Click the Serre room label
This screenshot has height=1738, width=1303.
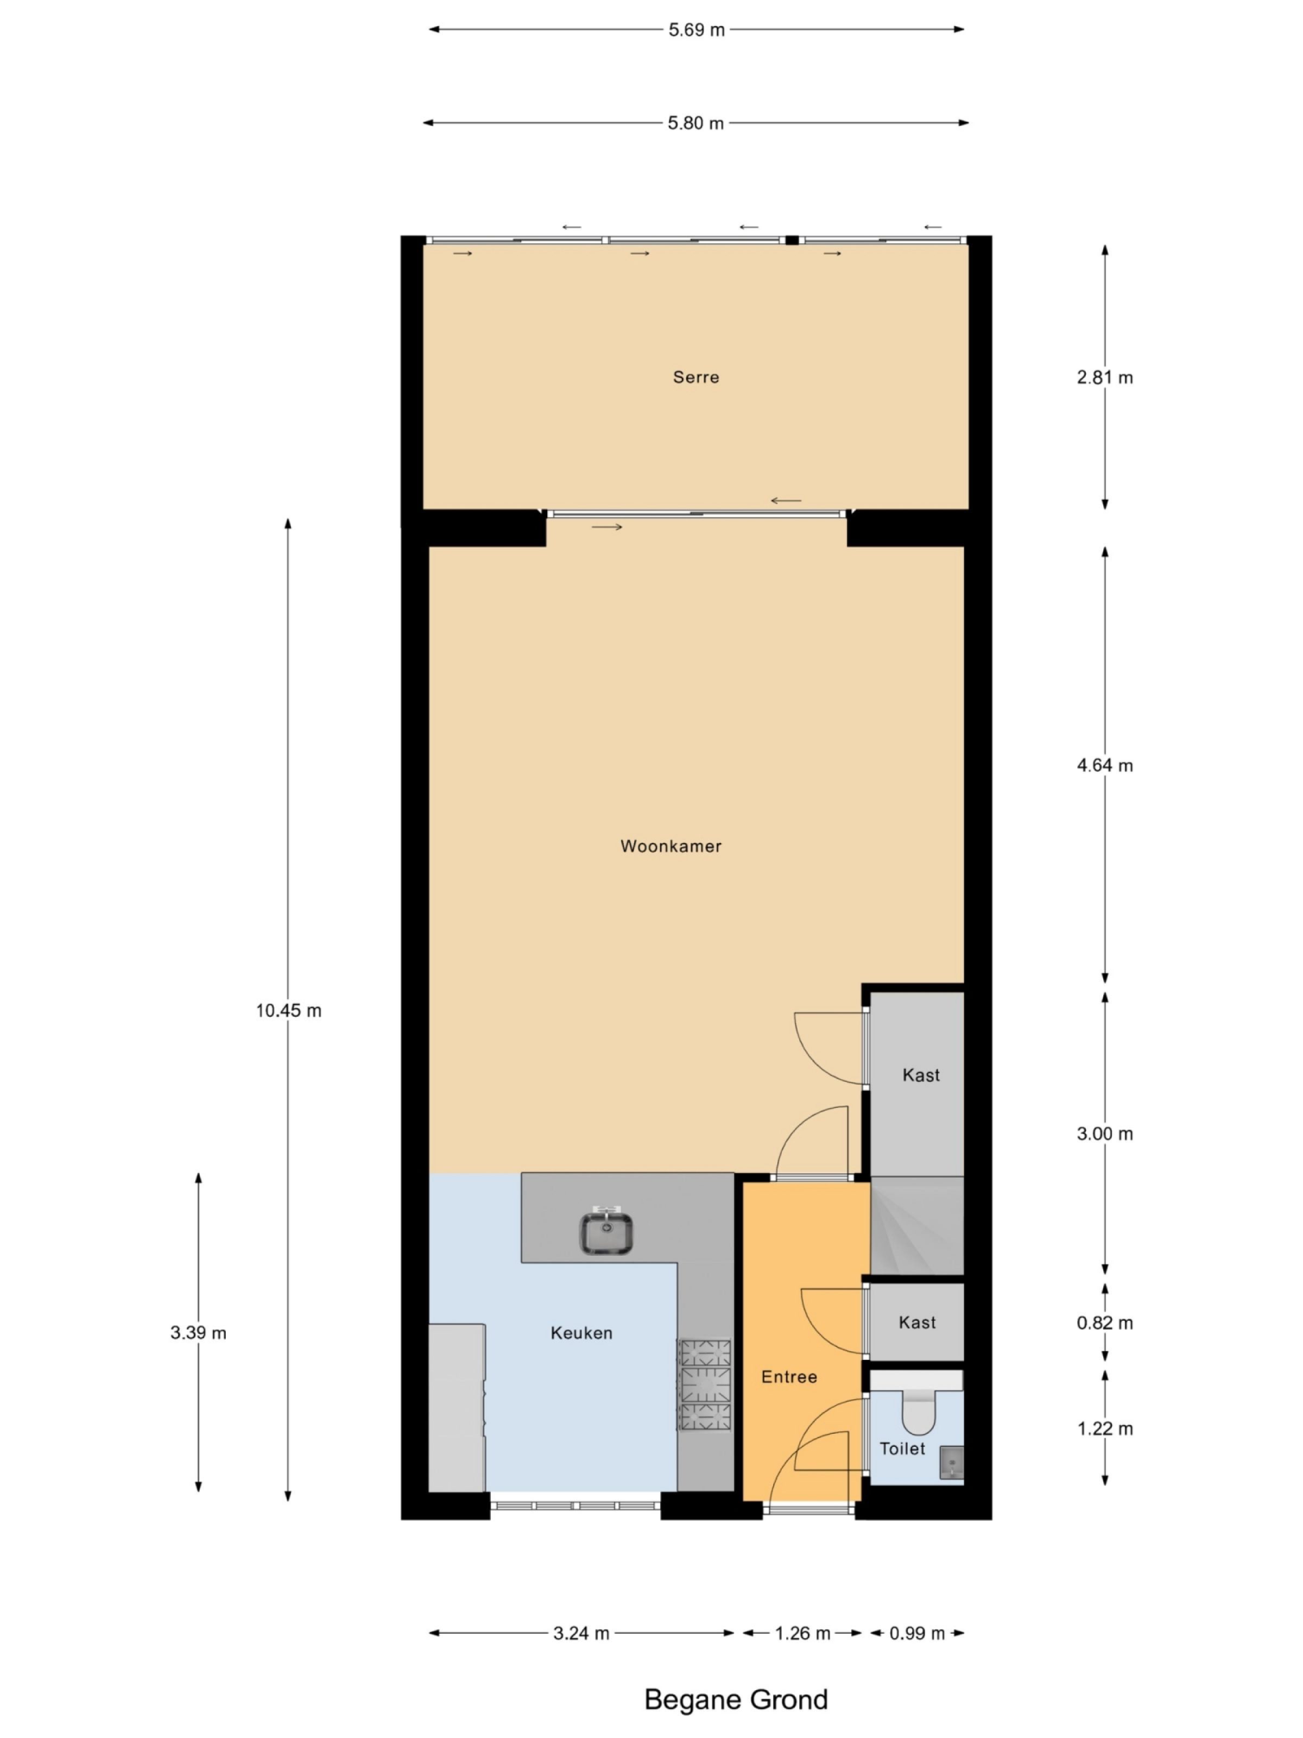pos(695,377)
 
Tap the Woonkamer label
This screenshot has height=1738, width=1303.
pos(670,846)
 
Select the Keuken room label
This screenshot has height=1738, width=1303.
pos(580,1333)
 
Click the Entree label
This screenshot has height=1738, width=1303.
pos(788,1377)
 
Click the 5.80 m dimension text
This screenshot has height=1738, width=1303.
pos(695,123)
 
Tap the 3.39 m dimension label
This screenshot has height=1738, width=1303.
pos(198,1333)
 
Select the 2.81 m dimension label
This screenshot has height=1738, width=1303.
pos(1104,377)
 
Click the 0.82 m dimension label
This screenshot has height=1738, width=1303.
pos(1104,1323)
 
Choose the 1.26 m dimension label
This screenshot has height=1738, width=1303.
pos(802,1634)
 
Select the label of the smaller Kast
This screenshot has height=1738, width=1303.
pos(916,1323)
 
